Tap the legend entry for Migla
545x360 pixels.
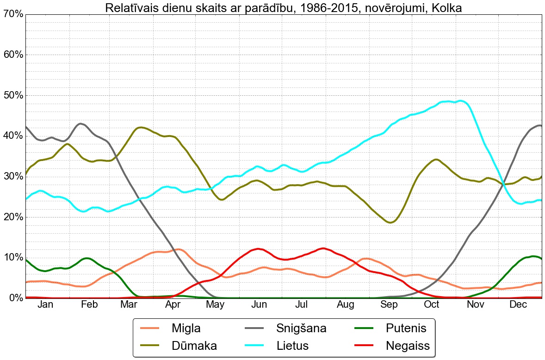pyautogui.click(x=186, y=329)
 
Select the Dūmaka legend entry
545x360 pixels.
pyautogui.click(x=194, y=345)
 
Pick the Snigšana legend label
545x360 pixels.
pyautogui.click(x=301, y=329)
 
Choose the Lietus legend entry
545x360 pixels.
pyautogui.click(x=292, y=345)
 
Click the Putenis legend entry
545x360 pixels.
pyautogui.click(x=405, y=329)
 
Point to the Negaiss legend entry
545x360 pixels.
pyautogui.click(x=408, y=345)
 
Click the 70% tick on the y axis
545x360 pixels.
pyautogui.click(x=12, y=14)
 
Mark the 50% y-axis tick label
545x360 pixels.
pyautogui.click(x=12, y=95)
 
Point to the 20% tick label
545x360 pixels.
pyautogui.click(x=12, y=217)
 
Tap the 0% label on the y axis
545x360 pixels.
pyautogui.click(x=15, y=298)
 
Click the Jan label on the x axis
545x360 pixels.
pyautogui.click(x=45, y=304)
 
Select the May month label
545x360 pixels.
pyautogui.click(x=216, y=304)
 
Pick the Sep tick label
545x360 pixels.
pyautogui.click(x=389, y=304)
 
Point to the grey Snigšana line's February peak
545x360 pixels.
pyautogui.click(x=81, y=124)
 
